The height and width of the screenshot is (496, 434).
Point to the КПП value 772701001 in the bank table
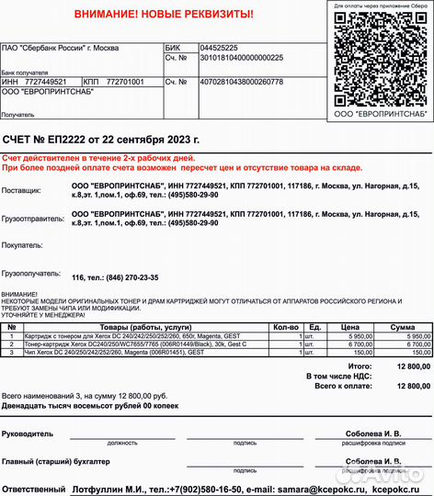tap(125, 82)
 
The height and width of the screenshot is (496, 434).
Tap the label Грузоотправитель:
tap(33, 219)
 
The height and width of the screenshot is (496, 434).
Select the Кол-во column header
tap(285, 327)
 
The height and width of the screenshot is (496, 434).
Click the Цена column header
tap(349, 327)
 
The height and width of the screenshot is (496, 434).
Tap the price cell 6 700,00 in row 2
tap(355, 344)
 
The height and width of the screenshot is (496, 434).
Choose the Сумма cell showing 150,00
tap(419, 352)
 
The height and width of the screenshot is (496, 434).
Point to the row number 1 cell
tap(10, 337)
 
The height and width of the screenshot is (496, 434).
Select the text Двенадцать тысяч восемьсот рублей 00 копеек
tap(94, 405)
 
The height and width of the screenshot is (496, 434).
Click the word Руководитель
tap(29, 433)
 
